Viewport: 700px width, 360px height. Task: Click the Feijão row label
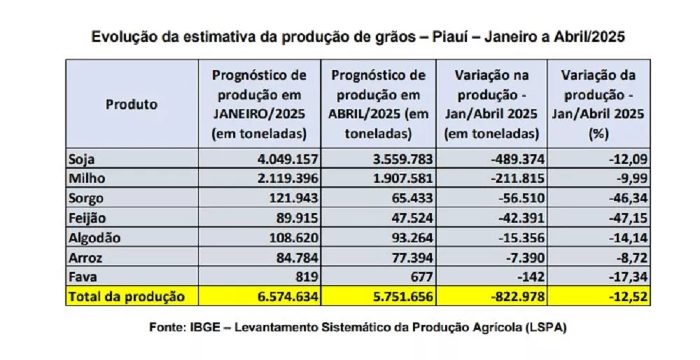86,218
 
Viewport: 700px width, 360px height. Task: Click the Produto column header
132,104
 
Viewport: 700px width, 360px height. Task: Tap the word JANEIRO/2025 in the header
259,113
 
